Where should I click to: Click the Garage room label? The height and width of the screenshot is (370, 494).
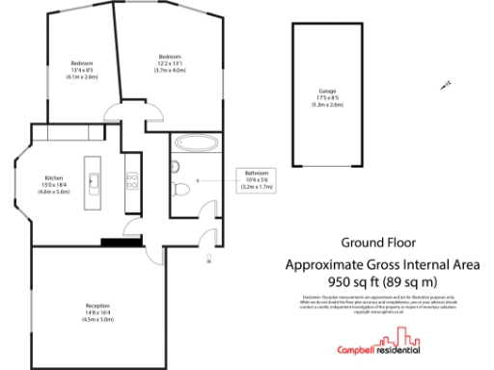click(328, 98)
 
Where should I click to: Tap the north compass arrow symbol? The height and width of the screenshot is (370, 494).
click(445, 87)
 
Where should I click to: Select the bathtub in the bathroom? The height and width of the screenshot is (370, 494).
click(199, 145)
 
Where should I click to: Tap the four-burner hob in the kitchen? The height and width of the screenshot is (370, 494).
click(130, 179)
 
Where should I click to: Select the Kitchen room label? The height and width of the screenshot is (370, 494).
click(54, 184)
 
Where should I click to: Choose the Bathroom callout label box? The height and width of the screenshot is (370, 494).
click(256, 178)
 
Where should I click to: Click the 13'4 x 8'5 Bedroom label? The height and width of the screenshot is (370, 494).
click(82, 70)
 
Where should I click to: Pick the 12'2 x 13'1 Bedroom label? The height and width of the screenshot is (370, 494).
click(171, 64)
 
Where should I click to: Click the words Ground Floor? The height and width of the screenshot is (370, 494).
click(372, 243)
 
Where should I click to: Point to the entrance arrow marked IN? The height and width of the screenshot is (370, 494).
click(208, 256)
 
